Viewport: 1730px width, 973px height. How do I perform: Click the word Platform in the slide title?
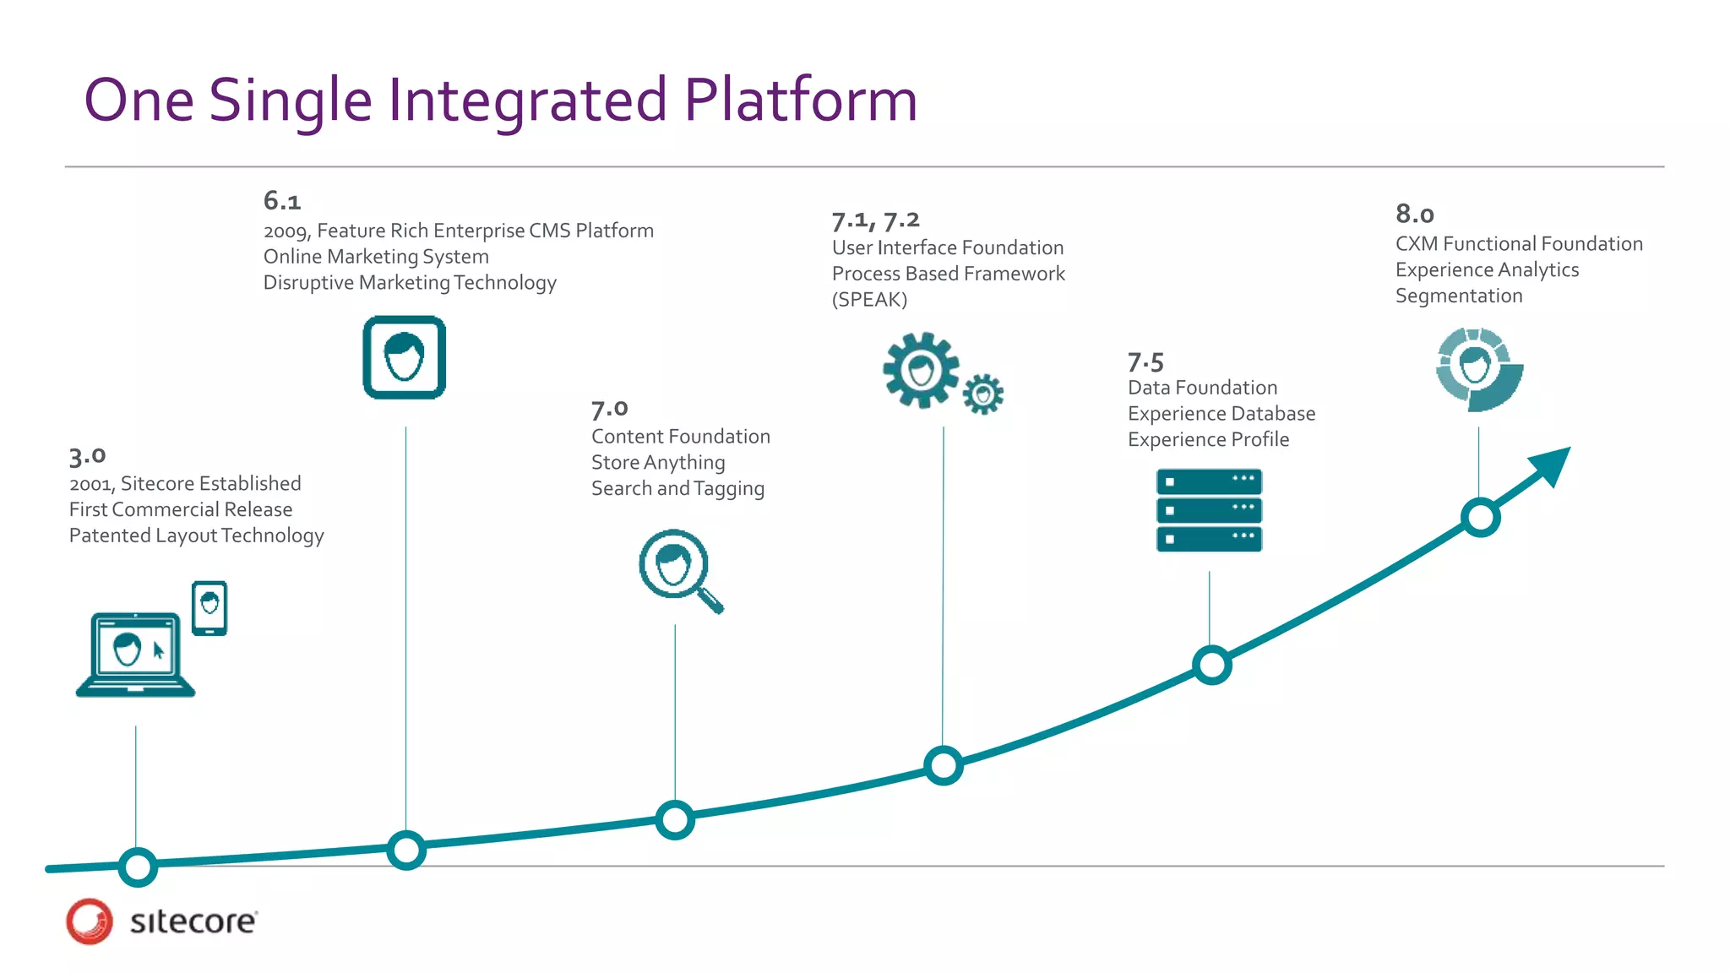click(800, 101)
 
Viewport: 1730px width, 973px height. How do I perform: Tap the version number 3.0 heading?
click(88, 456)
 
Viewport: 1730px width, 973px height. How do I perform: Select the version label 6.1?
click(282, 201)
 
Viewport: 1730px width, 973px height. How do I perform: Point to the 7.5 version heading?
click(1145, 362)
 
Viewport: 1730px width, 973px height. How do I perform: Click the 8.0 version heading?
click(1415, 214)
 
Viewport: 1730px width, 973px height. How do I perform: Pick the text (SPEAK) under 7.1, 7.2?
click(869, 300)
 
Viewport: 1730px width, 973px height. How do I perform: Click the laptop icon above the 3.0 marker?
click(135, 655)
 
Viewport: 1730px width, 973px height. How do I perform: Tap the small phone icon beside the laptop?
click(209, 607)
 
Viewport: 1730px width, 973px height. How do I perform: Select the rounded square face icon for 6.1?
click(405, 357)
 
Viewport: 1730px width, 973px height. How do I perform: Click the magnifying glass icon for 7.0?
click(678, 569)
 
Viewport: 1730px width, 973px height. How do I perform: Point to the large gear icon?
click(921, 370)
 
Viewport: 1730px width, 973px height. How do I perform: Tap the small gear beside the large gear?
click(982, 394)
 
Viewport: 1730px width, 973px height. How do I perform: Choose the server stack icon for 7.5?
click(1209, 510)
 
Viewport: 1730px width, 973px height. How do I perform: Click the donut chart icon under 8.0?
click(1478, 370)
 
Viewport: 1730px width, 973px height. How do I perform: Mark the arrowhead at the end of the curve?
click(1553, 464)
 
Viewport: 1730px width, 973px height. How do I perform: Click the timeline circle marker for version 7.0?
click(675, 819)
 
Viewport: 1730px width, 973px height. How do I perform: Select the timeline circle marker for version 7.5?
click(1212, 666)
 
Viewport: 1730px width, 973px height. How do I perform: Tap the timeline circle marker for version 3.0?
click(138, 867)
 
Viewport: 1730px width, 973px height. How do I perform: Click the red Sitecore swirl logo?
click(90, 921)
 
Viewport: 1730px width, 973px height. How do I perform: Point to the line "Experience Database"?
click(1221, 414)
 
